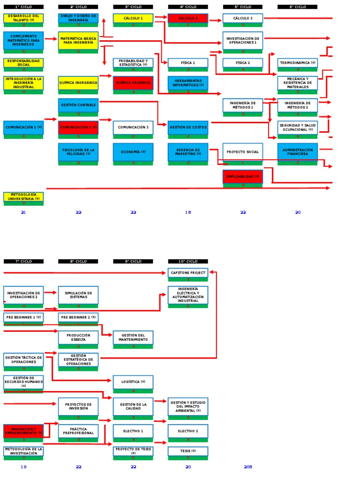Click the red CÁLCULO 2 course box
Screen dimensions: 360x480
click(x=188, y=18)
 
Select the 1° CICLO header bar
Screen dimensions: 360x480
click(x=23, y=7)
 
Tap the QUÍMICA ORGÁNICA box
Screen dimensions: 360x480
click(x=133, y=83)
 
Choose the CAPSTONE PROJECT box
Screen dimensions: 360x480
click(x=188, y=272)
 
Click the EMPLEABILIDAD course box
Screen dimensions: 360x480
click(x=243, y=176)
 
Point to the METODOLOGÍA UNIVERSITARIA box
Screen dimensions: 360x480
click(x=23, y=197)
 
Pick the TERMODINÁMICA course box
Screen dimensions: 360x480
click(x=298, y=63)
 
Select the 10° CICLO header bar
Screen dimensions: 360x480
click(x=188, y=261)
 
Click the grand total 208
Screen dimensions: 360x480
click(x=248, y=467)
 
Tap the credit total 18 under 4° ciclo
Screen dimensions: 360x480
click(x=188, y=212)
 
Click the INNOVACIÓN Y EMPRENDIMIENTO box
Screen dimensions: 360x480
click(x=23, y=431)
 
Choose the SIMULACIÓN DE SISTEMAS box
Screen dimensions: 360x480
click(x=78, y=295)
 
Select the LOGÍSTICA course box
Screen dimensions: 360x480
click(x=133, y=382)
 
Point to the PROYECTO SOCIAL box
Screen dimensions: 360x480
click(x=243, y=152)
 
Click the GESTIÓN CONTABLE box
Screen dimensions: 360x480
click(x=78, y=105)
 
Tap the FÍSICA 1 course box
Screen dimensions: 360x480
click(x=188, y=63)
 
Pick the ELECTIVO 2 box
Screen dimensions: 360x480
click(x=188, y=431)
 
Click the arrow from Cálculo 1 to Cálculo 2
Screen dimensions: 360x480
click(x=160, y=17)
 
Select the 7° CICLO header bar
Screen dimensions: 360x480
click(x=23, y=261)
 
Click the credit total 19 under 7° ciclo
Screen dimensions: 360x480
click(x=23, y=467)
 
